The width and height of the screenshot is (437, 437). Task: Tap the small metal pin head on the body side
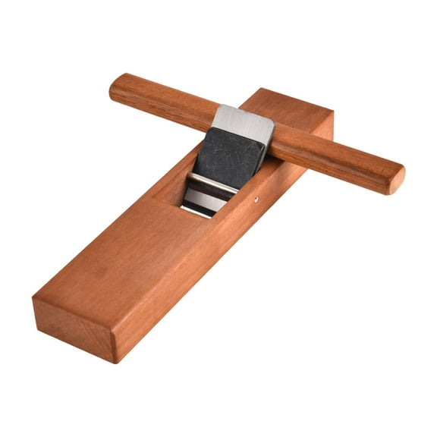pos(256,200)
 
